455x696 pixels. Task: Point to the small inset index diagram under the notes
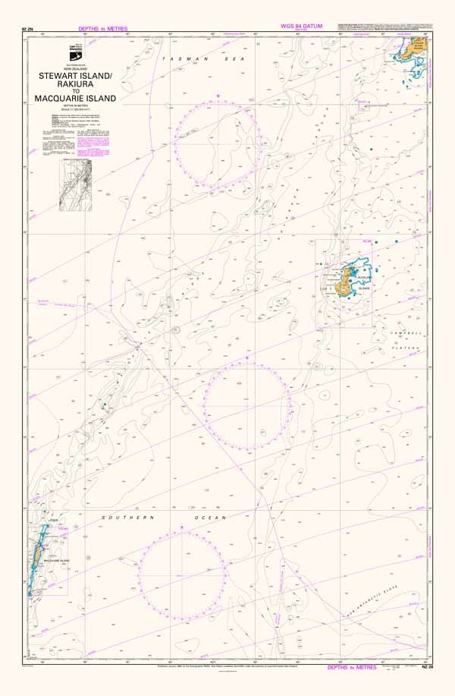point(76,185)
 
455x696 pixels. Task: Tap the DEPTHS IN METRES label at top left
point(102,28)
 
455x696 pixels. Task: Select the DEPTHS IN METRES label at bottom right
point(352,667)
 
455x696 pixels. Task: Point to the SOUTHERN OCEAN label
point(165,517)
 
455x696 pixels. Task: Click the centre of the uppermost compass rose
point(218,143)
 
